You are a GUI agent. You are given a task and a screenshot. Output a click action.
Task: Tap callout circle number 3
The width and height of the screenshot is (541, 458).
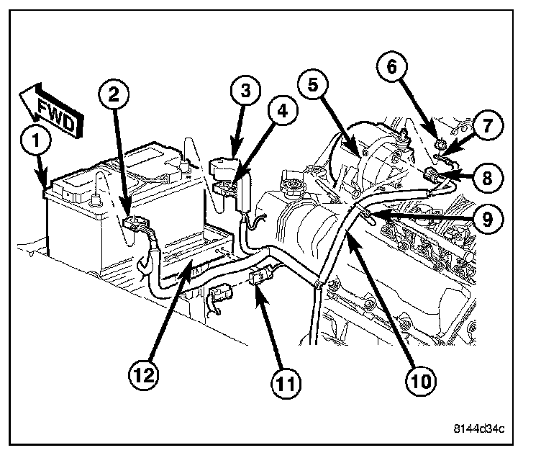coord(245,92)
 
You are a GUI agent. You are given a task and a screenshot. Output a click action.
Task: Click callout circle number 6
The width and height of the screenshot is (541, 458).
coord(393,69)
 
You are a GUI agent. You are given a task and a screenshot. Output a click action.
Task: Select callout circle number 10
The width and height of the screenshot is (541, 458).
coord(416,379)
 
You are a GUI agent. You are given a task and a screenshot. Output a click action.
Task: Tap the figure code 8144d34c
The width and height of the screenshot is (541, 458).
coord(479,429)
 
